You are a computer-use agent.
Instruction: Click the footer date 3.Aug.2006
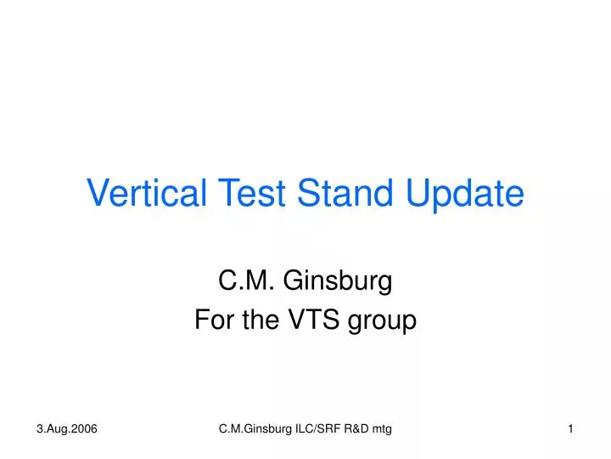click(x=67, y=431)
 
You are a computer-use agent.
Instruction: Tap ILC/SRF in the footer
click(x=320, y=431)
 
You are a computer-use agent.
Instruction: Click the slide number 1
click(x=571, y=431)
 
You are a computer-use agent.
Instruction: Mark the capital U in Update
click(x=419, y=194)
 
